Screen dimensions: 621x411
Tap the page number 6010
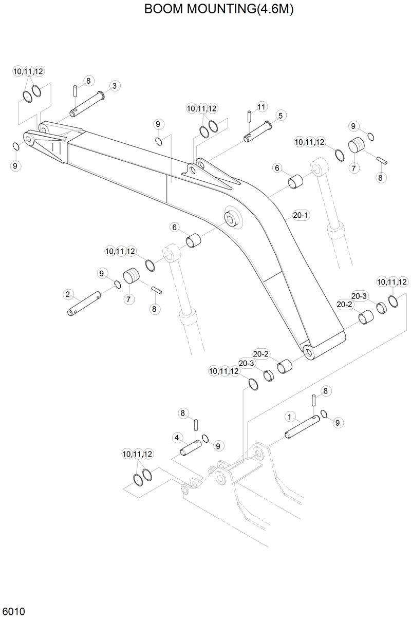click(x=14, y=611)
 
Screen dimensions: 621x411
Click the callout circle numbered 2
click(x=67, y=294)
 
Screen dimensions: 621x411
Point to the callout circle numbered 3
click(x=114, y=85)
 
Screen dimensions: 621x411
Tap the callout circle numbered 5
click(x=280, y=116)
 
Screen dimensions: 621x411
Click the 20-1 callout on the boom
click(x=301, y=216)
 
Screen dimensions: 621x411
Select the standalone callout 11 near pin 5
click(x=261, y=107)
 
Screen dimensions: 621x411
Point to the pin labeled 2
click(x=85, y=305)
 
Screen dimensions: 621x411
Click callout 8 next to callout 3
click(x=88, y=81)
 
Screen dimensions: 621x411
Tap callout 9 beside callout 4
click(x=217, y=445)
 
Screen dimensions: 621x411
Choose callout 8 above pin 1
click(x=325, y=391)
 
